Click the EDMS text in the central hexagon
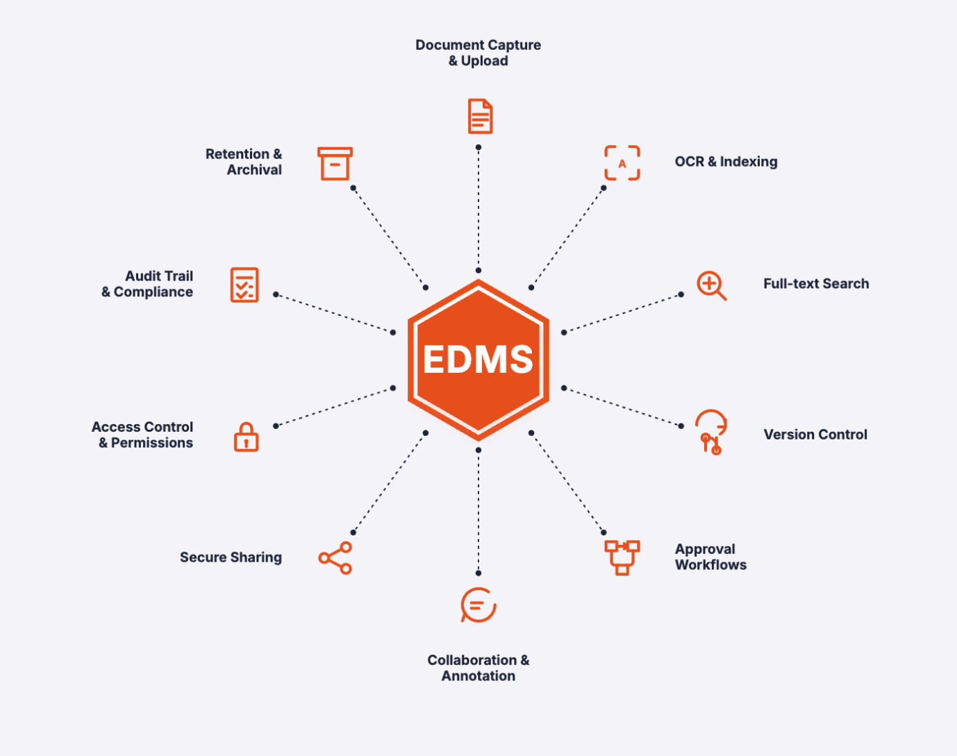pyautogui.click(x=478, y=360)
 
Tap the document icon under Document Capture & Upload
pyautogui.click(x=480, y=117)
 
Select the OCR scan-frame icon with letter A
pyautogui.click(x=622, y=163)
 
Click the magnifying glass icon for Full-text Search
pyautogui.click(x=711, y=285)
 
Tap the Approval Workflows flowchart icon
pyautogui.click(x=622, y=557)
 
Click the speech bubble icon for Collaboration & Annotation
pyautogui.click(x=479, y=605)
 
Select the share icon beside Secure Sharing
pyautogui.click(x=335, y=557)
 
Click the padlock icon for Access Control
pyautogui.click(x=246, y=437)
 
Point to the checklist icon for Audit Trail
pyautogui.click(x=244, y=285)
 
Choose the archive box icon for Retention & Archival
pyautogui.click(x=335, y=164)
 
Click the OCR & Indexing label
pyautogui.click(x=726, y=162)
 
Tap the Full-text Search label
pyautogui.click(x=816, y=284)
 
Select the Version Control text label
pyautogui.click(x=815, y=435)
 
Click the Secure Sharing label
pyautogui.click(x=231, y=557)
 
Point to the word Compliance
pyautogui.click(x=153, y=292)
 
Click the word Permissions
pyautogui.click(x=152, y=443)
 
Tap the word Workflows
pyautogui.click(x=710, y=565)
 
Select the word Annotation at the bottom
pyautogui.click(x=479, y=676)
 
